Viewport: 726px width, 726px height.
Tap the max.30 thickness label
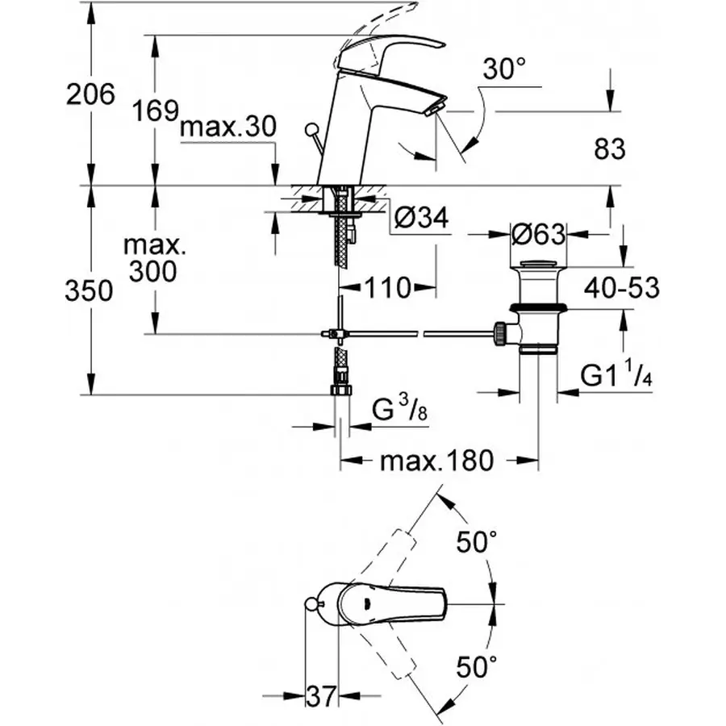click(x=228, y=127)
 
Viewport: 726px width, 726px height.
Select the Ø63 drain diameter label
click(x=537, y=235)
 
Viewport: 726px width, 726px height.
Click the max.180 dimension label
click(x=436, y=461)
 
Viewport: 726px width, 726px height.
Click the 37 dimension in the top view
click(x=321, y=695)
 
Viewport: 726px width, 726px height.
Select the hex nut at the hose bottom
click(x=342, y=390)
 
